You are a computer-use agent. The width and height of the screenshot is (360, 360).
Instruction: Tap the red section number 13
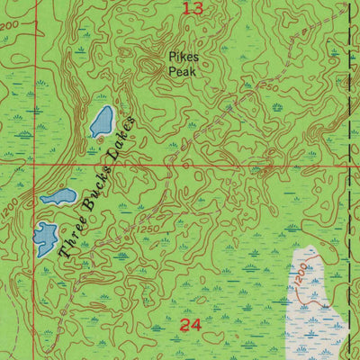pos(191,9)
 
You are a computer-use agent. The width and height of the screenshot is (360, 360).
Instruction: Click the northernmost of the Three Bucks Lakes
pos(101,121)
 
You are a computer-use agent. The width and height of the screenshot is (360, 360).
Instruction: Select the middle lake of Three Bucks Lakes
pos(58,196)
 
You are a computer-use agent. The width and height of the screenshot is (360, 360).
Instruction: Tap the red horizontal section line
pos(225,166)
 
